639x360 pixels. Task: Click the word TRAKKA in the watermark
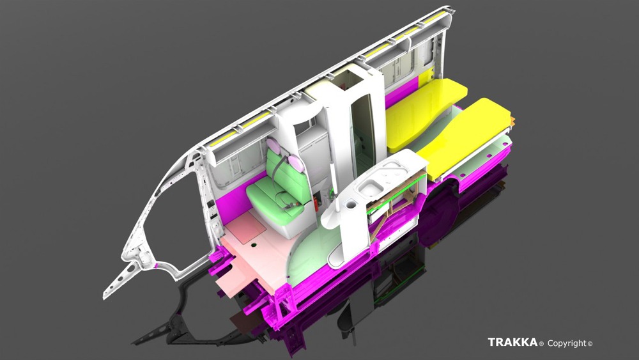coord(512,342)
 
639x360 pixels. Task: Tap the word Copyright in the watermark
coord(567,343)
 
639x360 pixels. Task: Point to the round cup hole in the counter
coord(350,202)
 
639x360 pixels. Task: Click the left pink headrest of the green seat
coord(273,146)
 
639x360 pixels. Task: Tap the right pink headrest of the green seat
coord(296,162)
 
